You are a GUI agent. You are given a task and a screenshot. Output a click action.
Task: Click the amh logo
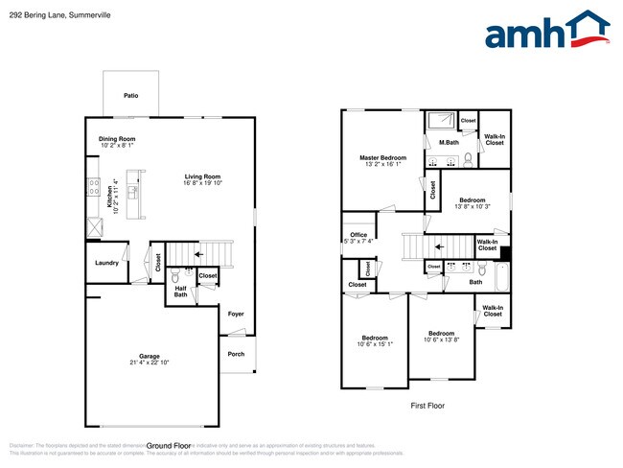pos(547,31)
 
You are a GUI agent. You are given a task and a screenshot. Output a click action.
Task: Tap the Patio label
pos(130,96)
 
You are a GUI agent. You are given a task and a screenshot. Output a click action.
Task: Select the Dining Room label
pos(116,139)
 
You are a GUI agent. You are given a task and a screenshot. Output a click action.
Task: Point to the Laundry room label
pos(105,263)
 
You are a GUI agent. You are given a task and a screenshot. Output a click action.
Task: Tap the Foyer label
pos(235,314)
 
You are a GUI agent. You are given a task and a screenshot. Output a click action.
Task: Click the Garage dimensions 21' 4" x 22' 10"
pos(149,363)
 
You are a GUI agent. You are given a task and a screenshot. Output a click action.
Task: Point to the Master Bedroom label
pos(382,157)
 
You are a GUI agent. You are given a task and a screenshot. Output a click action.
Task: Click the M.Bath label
pos(448,143)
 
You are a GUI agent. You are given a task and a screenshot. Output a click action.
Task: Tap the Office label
pos(358,235)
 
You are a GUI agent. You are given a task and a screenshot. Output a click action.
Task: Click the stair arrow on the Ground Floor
pos(199,254)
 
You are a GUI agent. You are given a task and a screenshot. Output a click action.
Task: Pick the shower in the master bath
pos(442,120)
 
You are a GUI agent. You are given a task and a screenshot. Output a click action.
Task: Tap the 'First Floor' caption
pos(427,406)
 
